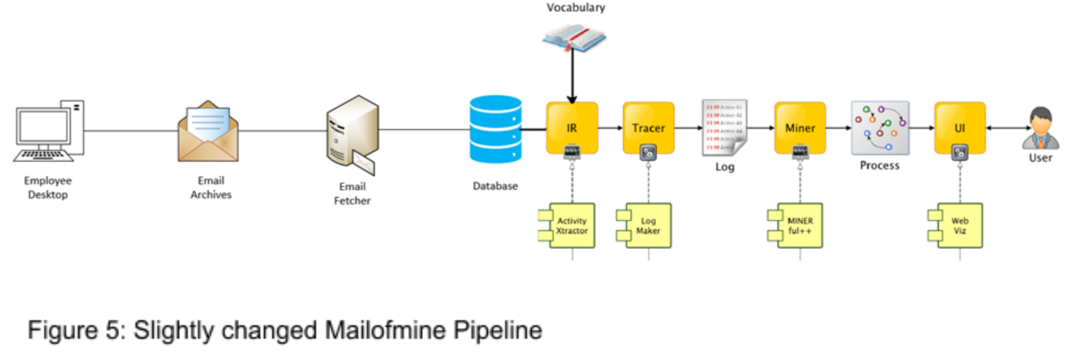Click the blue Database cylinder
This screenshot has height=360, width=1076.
495,130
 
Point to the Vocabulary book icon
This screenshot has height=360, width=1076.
574,37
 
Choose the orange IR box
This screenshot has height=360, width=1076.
572,127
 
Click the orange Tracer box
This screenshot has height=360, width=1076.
648,127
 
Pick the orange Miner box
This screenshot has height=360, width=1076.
800,127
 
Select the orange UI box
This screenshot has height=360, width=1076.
960,127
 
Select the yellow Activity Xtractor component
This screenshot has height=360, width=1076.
571,226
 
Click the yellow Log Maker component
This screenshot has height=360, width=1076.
646,226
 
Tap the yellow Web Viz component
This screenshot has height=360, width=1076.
958,226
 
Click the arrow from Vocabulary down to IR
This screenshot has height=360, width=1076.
573,77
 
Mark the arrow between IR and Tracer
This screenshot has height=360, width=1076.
610,128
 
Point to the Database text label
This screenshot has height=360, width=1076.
495,185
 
